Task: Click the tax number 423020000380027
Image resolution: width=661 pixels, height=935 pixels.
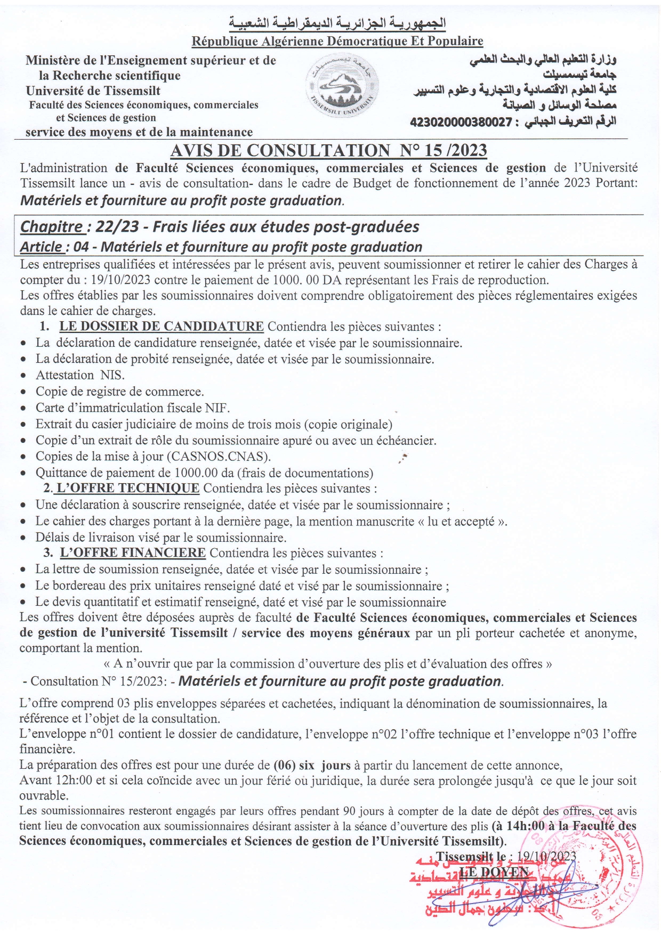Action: click(461, 122)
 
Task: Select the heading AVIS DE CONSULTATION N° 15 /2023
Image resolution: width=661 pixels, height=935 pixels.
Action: click(328, 151)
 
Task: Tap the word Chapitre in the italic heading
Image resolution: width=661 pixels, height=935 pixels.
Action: click(52, 227)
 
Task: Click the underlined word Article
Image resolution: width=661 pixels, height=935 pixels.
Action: click(41, 247)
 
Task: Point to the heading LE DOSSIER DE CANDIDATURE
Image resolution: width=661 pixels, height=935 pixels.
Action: click(161, 327)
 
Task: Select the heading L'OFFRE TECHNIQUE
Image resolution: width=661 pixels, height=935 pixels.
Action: click(128, 488)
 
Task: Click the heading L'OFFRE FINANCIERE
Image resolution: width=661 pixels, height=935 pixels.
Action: click(132, 553)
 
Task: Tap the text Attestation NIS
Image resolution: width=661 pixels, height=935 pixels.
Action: click(80, 375)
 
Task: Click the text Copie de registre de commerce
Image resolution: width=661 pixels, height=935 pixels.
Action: click(119, 392)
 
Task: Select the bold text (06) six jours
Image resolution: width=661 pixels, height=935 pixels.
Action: click(312, 766)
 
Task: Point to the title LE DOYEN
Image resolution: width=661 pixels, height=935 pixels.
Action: click(494, 872)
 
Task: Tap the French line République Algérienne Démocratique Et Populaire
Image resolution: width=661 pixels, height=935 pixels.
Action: click(337, 41)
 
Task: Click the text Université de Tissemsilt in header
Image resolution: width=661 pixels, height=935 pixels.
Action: click(93, 91)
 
